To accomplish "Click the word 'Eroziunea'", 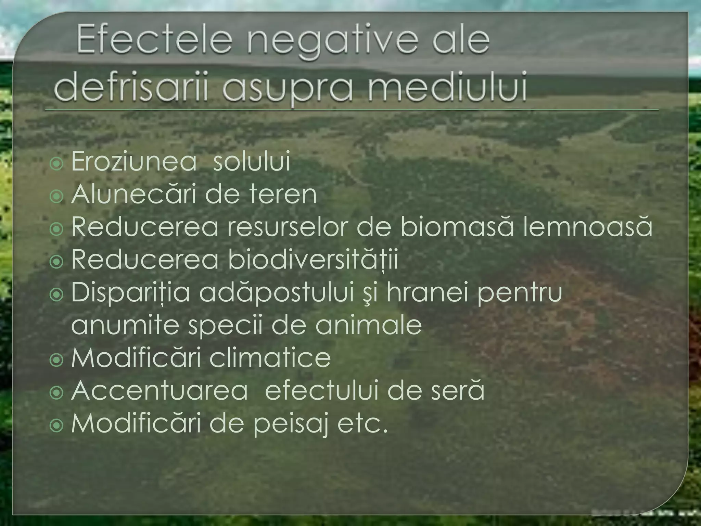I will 134,162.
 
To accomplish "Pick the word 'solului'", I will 252,162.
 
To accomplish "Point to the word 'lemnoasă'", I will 587,227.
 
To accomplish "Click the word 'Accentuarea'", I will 160,391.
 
